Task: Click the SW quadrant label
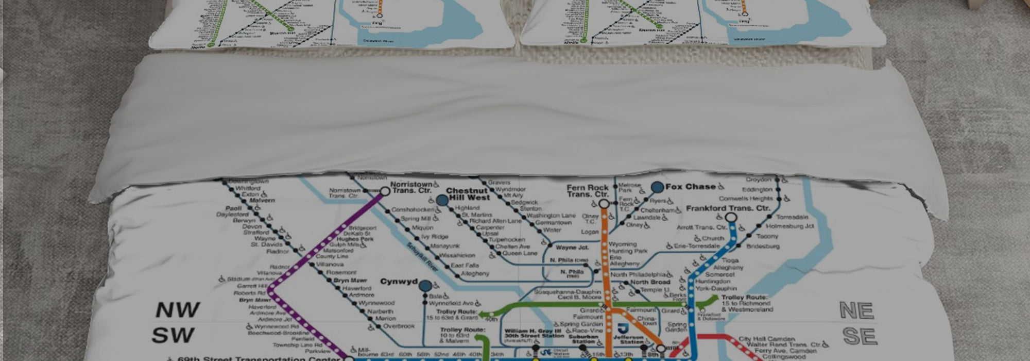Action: coord(173,336)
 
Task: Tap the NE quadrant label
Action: coord(857,311)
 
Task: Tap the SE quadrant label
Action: coord(860,337)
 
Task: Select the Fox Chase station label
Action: coord(690,187)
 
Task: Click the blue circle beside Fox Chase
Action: coord(658,187)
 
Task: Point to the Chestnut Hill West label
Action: coord(468,194)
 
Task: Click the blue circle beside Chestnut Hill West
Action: coord(442,200)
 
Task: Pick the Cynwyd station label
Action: coord(399,282)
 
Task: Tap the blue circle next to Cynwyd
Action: coord(425,286)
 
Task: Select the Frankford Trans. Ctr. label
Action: coord(728,208)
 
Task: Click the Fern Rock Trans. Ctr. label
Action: coord(587,191)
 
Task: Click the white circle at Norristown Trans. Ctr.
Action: coord(385,191)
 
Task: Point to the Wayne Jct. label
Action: coord(572,248)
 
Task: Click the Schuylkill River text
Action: coord(423,256)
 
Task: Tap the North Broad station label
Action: coord(650,282)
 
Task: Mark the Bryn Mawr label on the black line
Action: coord(350,281)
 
